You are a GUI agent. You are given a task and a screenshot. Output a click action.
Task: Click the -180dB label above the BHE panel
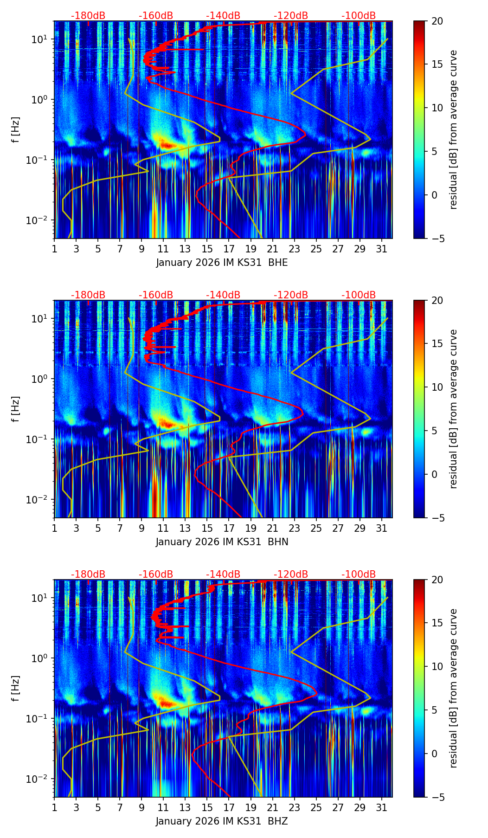88,16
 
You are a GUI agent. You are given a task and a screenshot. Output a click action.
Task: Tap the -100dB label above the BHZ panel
359,574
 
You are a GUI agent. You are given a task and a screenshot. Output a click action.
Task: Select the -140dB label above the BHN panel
223,295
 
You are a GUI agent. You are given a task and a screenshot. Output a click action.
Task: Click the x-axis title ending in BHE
222,263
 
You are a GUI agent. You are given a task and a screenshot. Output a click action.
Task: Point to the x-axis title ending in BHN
222,542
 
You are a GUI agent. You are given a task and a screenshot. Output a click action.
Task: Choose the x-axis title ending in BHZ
222,821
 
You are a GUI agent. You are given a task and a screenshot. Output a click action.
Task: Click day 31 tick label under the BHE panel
382,249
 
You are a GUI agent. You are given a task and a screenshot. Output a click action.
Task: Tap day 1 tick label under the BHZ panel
55,808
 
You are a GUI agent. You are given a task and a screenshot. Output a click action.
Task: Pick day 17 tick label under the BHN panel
229,529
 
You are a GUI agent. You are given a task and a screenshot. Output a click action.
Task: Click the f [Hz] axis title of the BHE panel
16,130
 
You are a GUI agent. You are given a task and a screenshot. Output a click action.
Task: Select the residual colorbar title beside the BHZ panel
453,688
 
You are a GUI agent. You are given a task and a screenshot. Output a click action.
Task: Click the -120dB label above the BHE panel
291,16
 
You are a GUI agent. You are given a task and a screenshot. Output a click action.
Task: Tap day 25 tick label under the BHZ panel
316,808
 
